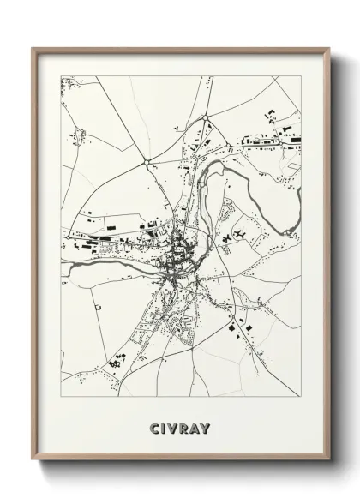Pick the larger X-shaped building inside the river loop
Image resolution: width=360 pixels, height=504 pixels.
[239, 233]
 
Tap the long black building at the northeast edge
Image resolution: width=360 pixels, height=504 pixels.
[293, 138]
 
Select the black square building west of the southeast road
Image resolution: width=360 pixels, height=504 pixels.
[241, 325]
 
